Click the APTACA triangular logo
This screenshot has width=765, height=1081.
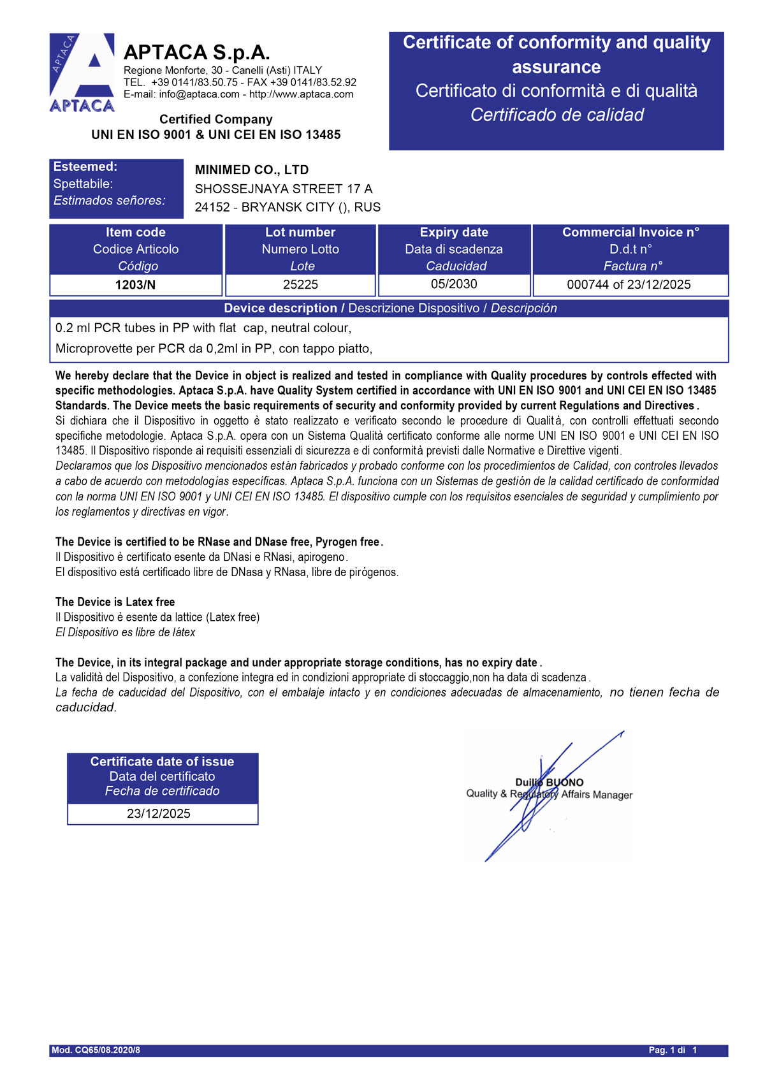coord(82,73)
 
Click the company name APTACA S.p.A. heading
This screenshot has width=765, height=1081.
coord(196,52)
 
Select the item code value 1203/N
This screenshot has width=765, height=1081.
coord(135,285)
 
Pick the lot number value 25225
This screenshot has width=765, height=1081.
coord(300,285)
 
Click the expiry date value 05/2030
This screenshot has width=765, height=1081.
coord(454,284)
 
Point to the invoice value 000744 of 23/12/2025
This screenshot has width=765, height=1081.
coord(629,285)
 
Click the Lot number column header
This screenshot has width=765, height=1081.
coord(300,233)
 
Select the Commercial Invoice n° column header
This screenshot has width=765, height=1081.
coord(630,233)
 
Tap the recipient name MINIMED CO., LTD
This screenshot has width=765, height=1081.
coord(252,170)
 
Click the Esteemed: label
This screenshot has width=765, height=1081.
coord(85,167)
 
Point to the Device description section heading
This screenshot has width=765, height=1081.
coord(390,308)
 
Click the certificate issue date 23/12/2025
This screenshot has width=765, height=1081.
coord(159,814)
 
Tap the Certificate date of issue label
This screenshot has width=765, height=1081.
coord(162,762)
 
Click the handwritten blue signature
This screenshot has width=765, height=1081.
coord(542,803)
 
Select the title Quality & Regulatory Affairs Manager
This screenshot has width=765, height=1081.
coord(549,795)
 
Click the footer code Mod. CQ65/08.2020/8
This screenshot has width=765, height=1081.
coord(96,1050)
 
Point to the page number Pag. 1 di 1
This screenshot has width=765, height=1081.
coord(673,1050)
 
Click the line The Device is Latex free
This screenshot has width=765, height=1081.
coord(115,602)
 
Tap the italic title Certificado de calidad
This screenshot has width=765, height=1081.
coord(557,115)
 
